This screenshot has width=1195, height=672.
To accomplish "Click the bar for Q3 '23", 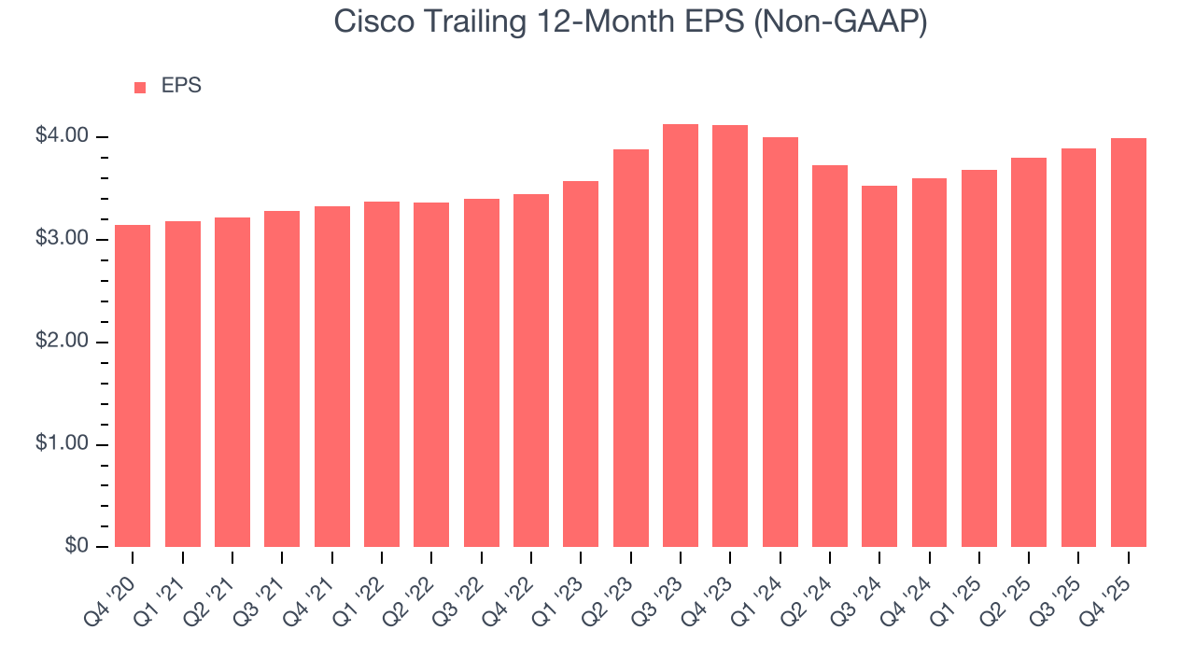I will (681, 336).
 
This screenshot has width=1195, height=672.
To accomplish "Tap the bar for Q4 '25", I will (1129, 343).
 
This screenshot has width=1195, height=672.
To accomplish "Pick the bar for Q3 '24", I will (879, 366).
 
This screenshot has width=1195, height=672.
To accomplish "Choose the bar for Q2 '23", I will (631, 348).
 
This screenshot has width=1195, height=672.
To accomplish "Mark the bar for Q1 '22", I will (382, 374).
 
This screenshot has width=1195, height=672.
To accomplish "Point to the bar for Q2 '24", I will (830, 356).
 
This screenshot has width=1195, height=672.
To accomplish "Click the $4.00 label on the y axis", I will (62, 136).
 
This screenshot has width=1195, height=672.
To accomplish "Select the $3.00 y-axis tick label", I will (62, 239).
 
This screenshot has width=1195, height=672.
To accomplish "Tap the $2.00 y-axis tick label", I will (62, 342).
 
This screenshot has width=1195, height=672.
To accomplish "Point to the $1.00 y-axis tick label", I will (62, 444).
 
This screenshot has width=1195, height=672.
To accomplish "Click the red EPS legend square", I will (140, 87).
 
